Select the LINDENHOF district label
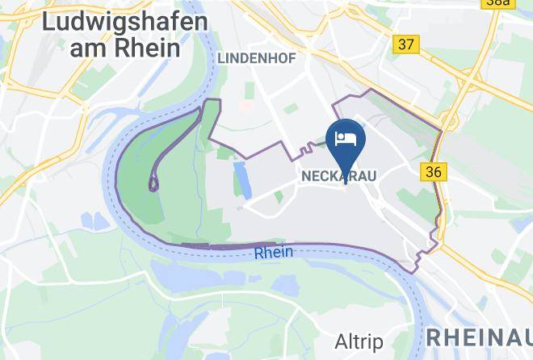[x=256, y=57]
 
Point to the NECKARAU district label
[x=339, y=174]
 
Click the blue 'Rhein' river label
[x=273, y=253]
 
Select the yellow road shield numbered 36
[x=433, y=171]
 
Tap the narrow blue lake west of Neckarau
[x=240, y=178]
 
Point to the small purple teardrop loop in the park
[x=153, y=183]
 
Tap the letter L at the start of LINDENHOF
[x=220, y=57]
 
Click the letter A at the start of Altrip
[x=340, y=339]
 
